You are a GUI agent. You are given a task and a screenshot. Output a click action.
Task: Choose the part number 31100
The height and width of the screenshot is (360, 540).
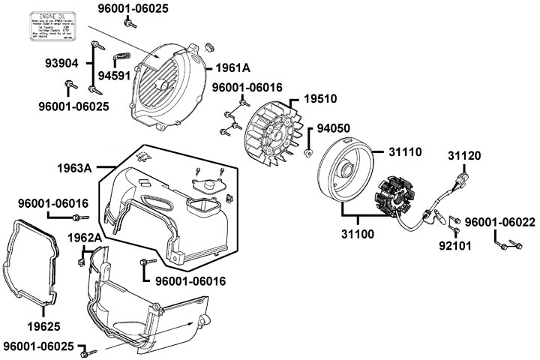[x=357, y=233]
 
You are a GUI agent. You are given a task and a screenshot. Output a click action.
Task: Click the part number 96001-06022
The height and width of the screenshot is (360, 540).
[x=499, y=223]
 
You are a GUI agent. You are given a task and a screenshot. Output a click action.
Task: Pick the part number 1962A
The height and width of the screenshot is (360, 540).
[x=83, y=238]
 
